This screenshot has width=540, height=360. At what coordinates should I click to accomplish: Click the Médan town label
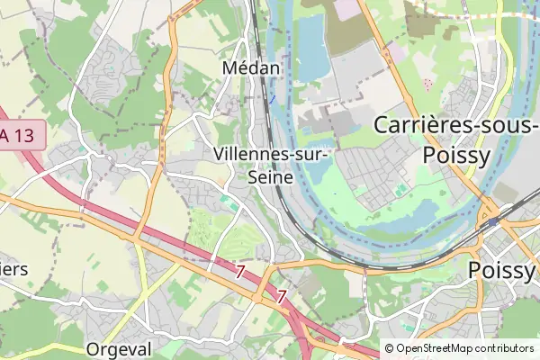(x=252, y=68)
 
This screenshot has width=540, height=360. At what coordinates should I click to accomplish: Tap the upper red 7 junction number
(x=239, y=271)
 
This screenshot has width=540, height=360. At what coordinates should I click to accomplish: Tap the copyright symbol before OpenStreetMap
(x=390, y=348)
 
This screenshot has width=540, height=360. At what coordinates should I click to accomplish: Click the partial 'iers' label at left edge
(x=13, y=269)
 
